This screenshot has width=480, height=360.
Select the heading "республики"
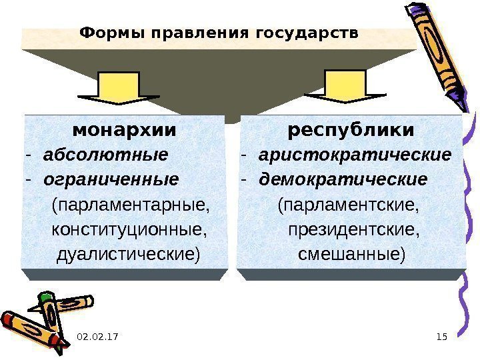(351, 128)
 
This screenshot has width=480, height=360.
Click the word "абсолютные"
(105, 155)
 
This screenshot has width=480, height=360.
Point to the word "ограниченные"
(111, 180)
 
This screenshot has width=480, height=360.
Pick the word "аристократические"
(355, 155)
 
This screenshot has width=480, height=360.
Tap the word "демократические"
(343, 180)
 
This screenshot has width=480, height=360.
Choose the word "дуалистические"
(129, 254)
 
